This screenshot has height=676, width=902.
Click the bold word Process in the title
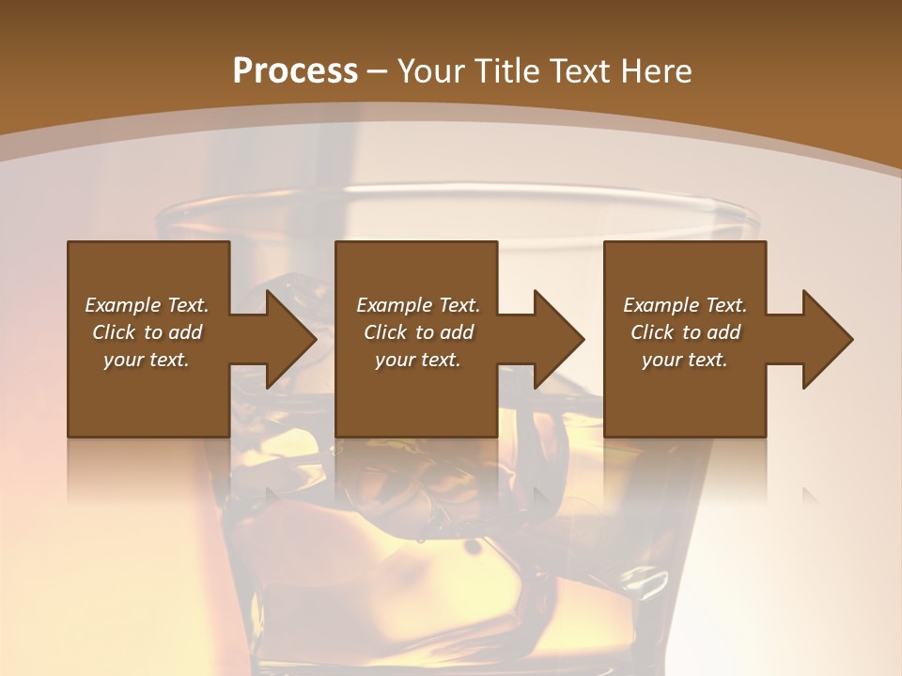pyautogui.click(x=295, y=70)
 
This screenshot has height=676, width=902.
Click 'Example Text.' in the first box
pyautogui.click(x=147, y=305)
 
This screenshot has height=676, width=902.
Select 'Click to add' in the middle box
pyautogui.click(x=418, y=332)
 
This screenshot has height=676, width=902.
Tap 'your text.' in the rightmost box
pyautogui.click(x=685, y=360)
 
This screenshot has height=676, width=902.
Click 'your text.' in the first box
pyautogui.click(x=147, y=360)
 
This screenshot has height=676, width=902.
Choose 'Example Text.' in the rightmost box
pyautogui.click(x=685, y=305)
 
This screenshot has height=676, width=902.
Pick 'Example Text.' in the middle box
pyautogui.click(x=418, y=305)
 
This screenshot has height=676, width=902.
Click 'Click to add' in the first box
pyautogui.click(x=147, y=332)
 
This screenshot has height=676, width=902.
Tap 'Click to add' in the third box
pyautogui.click(x=685, y=332)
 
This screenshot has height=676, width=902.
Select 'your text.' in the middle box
pyautogui.click(x=418, y=360)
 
